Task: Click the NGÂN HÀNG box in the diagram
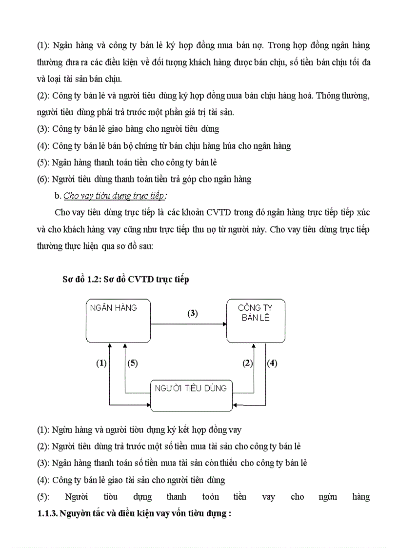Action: point(118,321)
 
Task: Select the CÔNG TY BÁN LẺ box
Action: point(256,321)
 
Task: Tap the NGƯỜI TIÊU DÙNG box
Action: point(191,395)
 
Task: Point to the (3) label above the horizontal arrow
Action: point(193,314)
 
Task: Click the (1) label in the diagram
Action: point(101,363)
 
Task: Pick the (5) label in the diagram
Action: point(133,363)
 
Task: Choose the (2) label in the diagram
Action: point(248,363)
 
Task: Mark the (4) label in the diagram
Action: point(272,363)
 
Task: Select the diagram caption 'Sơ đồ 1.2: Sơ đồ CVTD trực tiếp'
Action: point(125,279)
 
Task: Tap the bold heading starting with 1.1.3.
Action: point(134,513)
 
